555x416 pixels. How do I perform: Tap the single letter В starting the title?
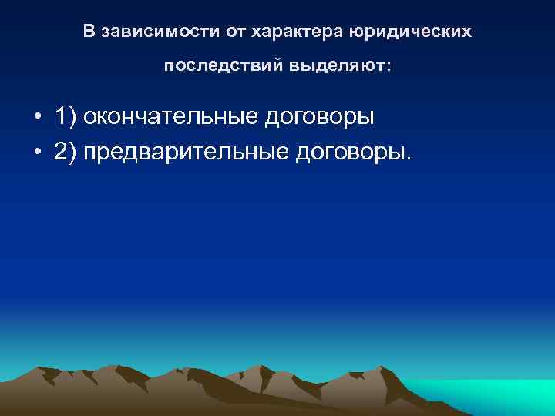[89, 32]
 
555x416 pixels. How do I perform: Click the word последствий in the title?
[223, 67]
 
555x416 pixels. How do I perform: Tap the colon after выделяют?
[389, 69]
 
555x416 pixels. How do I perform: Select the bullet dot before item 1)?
[37, 118]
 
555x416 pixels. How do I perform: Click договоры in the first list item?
[320, 117]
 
